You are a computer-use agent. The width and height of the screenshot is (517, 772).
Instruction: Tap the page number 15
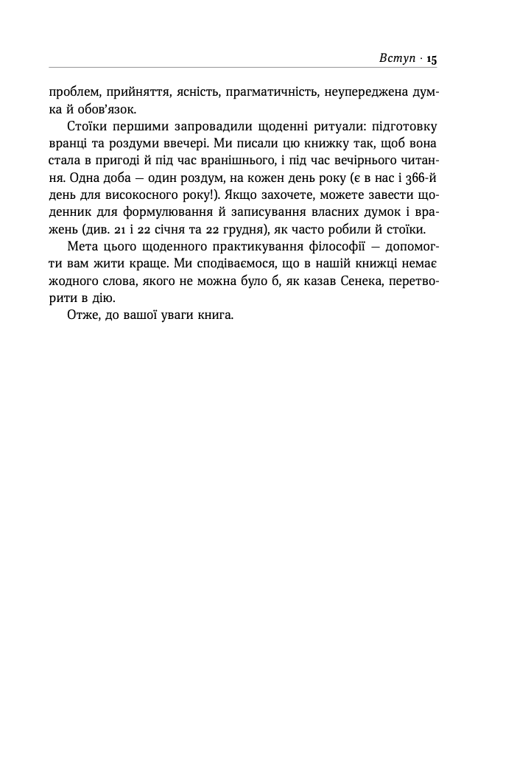432,60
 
